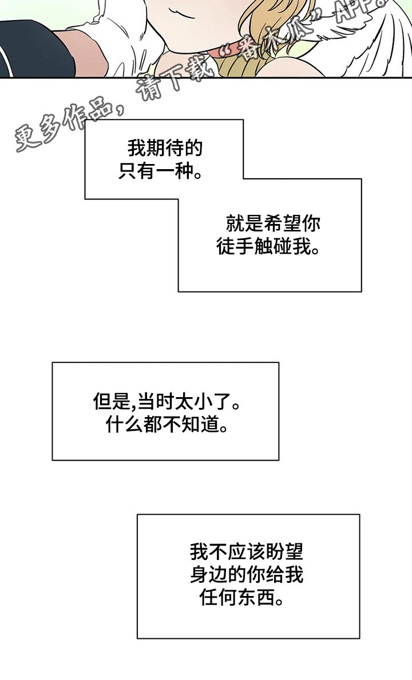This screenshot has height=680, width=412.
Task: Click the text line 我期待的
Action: pos(165,150)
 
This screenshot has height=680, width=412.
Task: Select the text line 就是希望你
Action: pos(273,224)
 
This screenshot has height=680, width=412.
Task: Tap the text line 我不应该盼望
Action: pos(247,552)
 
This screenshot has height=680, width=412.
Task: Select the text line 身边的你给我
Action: pos(247,575)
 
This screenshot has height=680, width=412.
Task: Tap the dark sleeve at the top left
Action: pos(34,51)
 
